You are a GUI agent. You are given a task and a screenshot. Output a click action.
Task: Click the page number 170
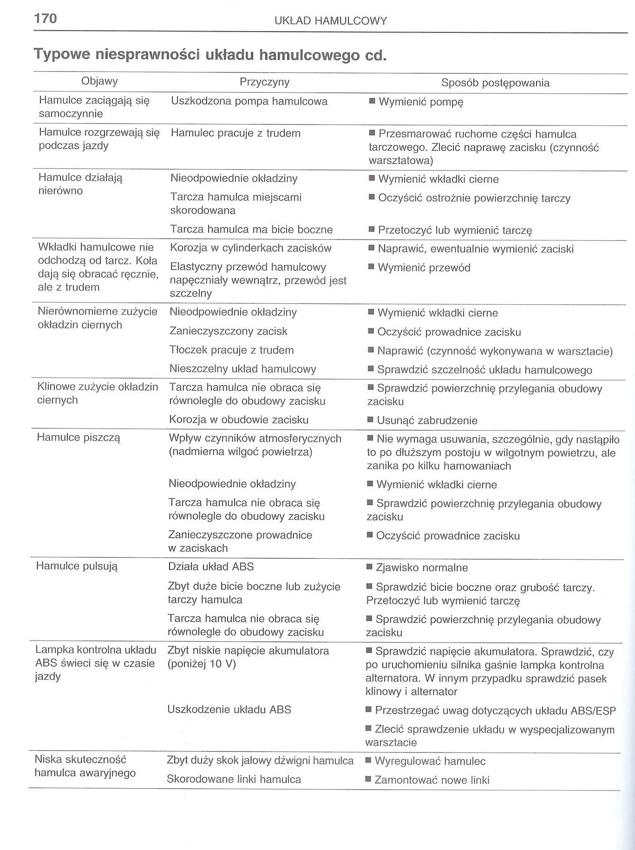click(46, 18)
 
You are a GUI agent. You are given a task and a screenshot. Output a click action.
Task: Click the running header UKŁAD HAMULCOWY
click(330, 21)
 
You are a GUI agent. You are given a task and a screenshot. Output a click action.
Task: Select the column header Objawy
click(99, 81)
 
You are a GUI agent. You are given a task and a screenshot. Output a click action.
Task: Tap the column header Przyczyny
click(264, 82)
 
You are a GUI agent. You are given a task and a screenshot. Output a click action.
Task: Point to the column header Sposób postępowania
click(495, 83)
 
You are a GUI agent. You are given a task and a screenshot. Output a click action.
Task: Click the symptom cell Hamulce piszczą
click(79, 438)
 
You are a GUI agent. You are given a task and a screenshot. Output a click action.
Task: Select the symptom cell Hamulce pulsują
click(77, 566)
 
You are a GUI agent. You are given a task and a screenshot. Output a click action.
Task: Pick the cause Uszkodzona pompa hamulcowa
click(249, 101)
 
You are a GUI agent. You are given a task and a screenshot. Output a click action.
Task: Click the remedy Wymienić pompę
click(420, 102)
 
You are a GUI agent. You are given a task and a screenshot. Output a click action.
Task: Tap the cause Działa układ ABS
click(211, 567)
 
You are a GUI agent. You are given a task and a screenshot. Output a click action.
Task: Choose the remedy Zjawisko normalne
click(421, 568)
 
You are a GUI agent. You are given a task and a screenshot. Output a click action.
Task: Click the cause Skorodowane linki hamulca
click(234, 779)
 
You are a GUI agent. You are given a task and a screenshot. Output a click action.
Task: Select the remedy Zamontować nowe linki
click(432, 780)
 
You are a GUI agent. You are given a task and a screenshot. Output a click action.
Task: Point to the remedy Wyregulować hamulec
click(430, 761)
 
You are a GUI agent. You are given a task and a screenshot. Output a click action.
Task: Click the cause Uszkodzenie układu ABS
click(229, 709)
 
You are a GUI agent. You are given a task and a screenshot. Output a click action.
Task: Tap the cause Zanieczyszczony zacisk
click(228, 331)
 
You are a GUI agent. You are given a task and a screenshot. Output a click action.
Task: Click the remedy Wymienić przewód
click(424, 268)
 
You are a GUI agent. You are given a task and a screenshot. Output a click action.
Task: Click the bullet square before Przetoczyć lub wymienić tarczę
click(371, 229)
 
